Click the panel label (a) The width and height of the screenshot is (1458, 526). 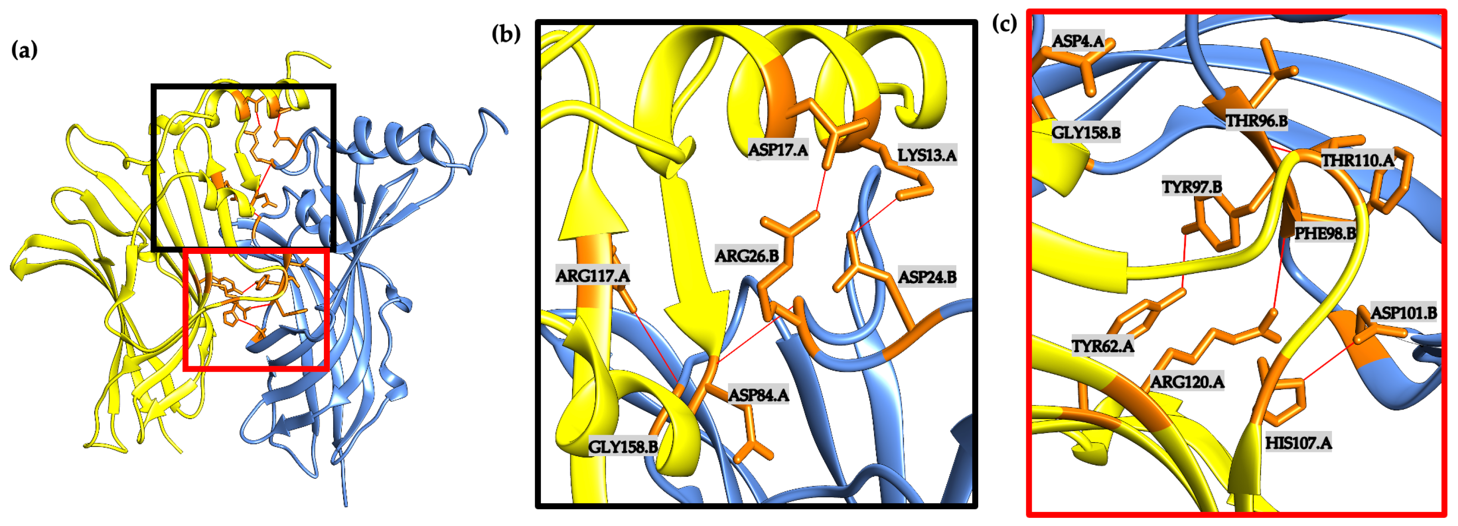point(24,50)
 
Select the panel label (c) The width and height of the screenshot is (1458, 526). point(1005,23)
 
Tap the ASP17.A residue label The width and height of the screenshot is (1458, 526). point(778,150)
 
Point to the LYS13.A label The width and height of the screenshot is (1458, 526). point(927,154)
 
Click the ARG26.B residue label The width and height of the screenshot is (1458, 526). point(747,256)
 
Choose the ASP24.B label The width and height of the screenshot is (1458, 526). point(927,277)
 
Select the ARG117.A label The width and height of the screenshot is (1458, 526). point(592,275)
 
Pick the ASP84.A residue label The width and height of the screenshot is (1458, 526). point(758,395)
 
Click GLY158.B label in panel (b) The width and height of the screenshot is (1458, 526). point(623,447)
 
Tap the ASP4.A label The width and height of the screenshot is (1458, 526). point(1078,41)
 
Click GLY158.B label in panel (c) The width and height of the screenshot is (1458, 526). point(1086,132)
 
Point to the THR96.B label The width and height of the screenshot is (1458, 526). point(1257,121)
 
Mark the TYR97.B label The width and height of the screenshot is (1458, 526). point(1192,187)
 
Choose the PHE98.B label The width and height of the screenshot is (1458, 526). point(1325,233)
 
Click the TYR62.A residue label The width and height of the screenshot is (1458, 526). point(1103,346)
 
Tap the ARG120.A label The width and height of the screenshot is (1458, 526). point(1187,382)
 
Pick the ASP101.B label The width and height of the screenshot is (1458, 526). point(1403,313)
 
